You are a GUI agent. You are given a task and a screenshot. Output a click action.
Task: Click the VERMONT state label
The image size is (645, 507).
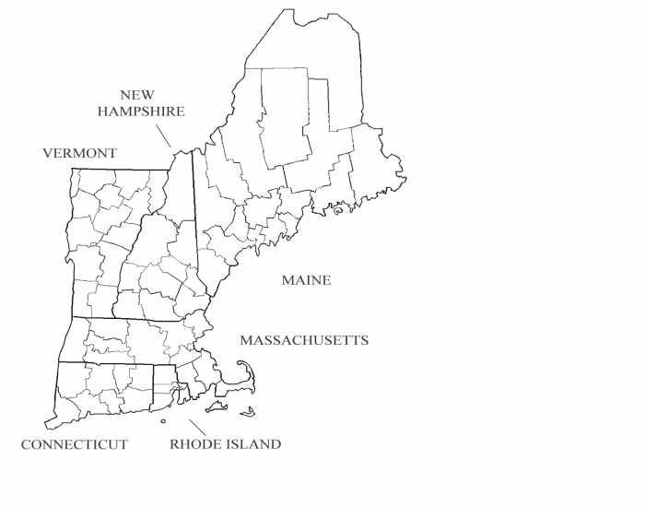pyautogui.click(x=79, y=153)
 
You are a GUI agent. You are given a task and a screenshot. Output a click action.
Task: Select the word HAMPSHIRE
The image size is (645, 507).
pyautogui.click(x=143, y=112)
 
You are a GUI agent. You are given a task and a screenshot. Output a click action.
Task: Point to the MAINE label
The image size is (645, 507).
pyautogui.click(x=306, y=280)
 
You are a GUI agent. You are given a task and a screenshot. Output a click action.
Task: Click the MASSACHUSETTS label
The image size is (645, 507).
pyautogui.click(x=304, y=340)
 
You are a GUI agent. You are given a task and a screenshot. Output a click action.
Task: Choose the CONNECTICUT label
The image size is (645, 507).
pyautogui.click(x=74, y=444)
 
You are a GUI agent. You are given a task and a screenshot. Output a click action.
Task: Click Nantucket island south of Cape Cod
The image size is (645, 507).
pyautogui.click(x=249, y=412)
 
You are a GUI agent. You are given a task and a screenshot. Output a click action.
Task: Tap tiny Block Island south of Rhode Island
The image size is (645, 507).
pyautogui.click(x=163, y=421)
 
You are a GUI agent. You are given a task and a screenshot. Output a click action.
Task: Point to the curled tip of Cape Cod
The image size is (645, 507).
pyautogui.click(x=244, y=363)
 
